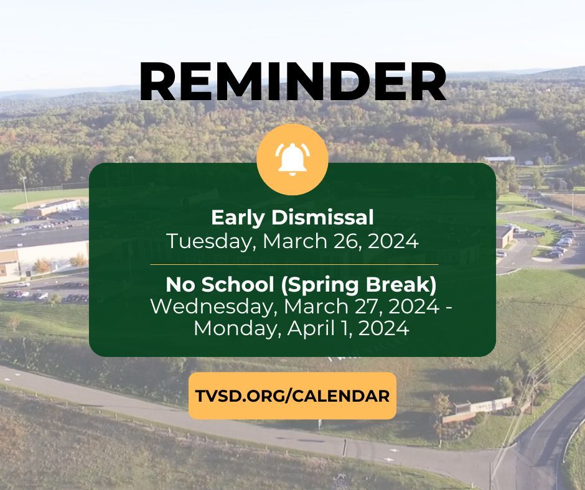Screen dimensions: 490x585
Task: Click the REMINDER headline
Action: tap(292, 82)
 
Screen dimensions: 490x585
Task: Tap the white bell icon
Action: tap(292, 159)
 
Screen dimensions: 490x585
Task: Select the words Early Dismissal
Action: tap(292, 218)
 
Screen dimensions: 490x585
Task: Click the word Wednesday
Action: tap(208, 307)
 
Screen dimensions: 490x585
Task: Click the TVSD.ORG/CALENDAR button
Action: tap(292, 396)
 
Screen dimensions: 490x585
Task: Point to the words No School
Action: tap(205, 285)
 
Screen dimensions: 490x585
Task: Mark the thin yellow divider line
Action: tap(292, 264)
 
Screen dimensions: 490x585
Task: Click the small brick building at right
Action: tap(504, 235)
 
